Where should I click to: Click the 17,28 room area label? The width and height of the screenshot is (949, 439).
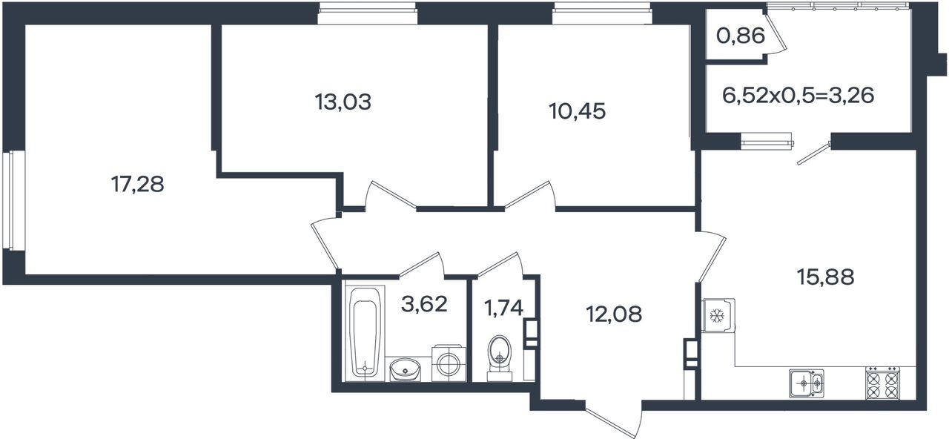[137, 185]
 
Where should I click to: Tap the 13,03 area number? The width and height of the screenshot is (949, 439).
[343, 102]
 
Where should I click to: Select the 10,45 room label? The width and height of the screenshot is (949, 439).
[577, 111]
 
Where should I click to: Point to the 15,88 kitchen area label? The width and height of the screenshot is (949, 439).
[825, 277]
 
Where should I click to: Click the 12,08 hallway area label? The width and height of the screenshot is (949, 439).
[614, 314]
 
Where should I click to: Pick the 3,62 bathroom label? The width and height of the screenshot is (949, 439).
[424, 304]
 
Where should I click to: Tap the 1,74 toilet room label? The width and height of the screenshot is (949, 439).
[503, 308]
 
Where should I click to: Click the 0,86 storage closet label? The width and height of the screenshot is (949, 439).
[741, 36]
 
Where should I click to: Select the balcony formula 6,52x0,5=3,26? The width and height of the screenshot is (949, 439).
[798, 96]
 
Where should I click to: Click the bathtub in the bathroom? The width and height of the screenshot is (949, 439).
[365, 334]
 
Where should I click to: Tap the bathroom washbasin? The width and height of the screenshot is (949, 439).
[405, 370]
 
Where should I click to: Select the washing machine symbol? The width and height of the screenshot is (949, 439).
[449, 363]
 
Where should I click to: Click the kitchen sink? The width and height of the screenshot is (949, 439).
[807, 383]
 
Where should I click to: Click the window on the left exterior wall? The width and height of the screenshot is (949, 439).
[13, 200]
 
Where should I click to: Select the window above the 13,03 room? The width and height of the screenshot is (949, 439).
[368, 13]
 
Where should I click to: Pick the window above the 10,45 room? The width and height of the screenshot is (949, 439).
[602, 13]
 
